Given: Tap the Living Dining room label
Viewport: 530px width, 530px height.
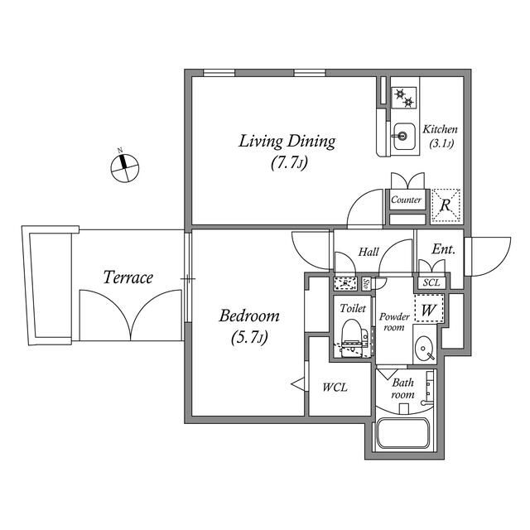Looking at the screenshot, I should [287, 141].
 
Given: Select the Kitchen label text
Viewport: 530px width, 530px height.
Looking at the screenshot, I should [440, 130].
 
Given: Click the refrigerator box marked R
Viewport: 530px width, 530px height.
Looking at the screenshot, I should [445, 202].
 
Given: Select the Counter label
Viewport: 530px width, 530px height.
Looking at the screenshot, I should [406, 200].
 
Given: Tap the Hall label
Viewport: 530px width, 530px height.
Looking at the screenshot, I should [369, 251].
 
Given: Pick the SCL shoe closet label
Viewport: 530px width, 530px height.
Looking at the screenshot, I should [431, 282].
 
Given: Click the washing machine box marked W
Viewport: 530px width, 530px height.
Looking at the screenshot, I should [429, 311].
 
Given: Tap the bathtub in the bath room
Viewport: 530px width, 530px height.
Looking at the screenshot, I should [402, 434].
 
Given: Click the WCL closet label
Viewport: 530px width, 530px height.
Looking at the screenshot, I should [335, 387].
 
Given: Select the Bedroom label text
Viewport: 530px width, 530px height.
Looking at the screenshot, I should [248, 316].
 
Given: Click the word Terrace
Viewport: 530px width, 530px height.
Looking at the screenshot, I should [128, 277].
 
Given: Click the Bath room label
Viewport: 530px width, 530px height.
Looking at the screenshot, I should [402, 388].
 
